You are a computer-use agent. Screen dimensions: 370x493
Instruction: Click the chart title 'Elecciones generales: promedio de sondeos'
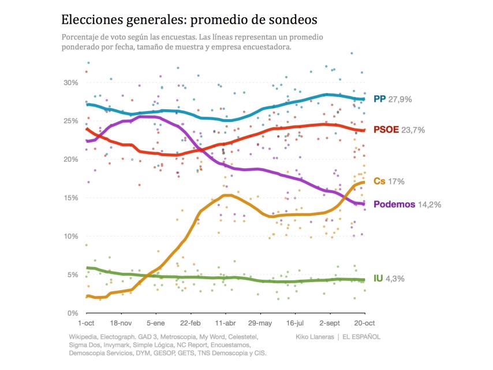(189, 20)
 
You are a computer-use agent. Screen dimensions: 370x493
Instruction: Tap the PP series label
(379, 99)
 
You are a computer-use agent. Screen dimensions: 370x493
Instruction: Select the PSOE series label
(386, 129)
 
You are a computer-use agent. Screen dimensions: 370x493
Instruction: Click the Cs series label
(379, 182)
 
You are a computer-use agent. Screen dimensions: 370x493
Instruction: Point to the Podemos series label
(394, 204)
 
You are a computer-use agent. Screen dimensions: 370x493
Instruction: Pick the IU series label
(378, 278)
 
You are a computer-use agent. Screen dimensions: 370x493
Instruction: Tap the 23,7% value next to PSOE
(413, 129)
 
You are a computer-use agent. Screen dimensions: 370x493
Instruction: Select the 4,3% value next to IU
(395, 278)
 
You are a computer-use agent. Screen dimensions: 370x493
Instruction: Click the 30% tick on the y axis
(70, 83)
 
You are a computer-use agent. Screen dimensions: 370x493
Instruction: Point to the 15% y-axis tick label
(70, 198)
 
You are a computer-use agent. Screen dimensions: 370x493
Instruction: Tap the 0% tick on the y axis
(73, 313)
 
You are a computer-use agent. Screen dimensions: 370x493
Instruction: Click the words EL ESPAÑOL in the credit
(361, 336)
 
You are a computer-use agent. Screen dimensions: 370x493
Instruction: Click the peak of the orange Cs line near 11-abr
(227, 195)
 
